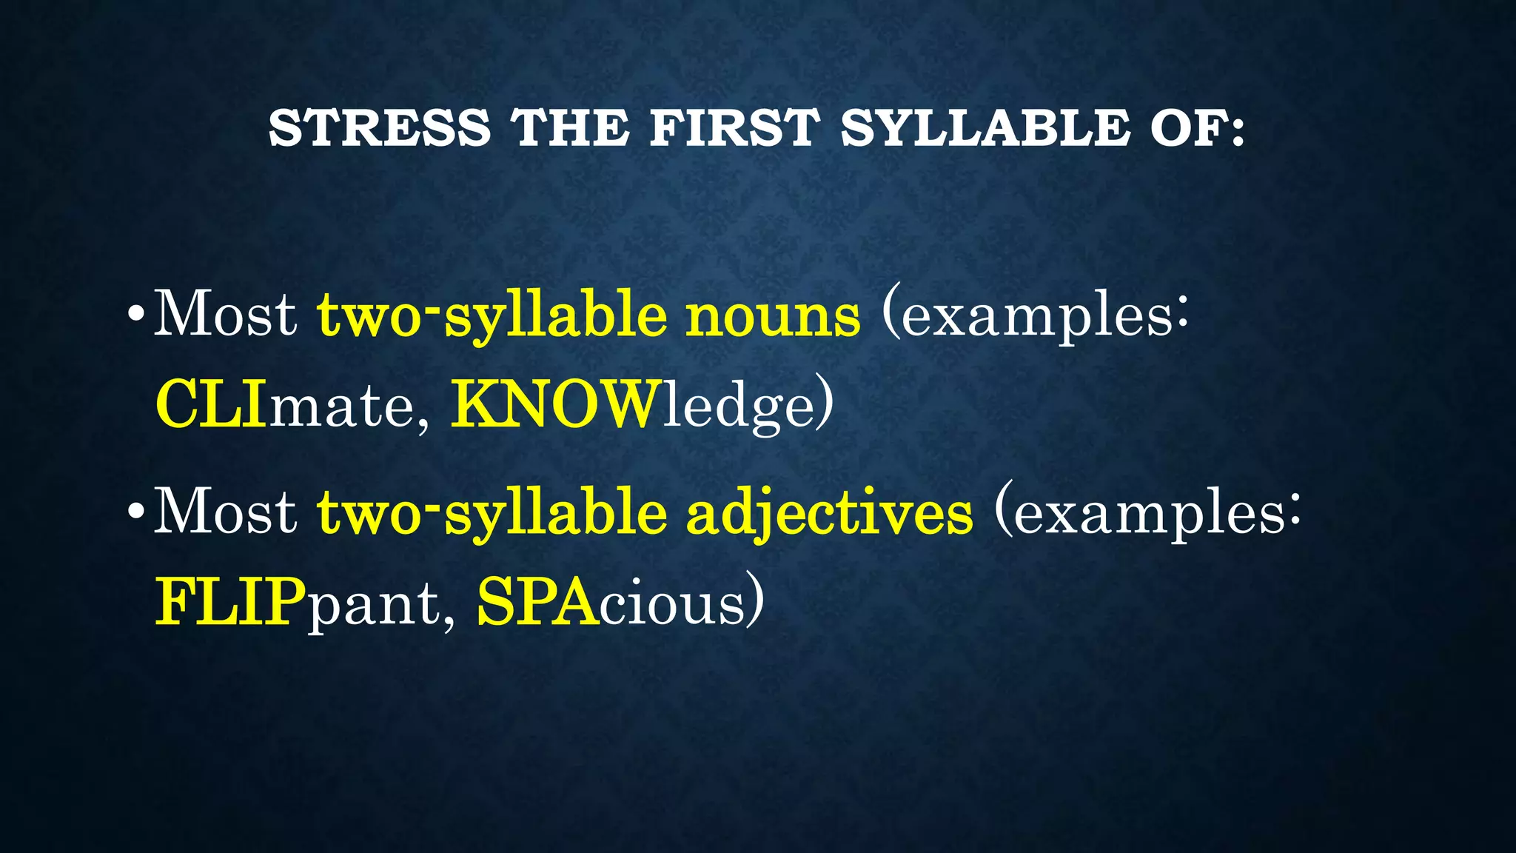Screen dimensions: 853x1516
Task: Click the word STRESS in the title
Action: [379, 127]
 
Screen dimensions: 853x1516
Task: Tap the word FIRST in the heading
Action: [735, 127]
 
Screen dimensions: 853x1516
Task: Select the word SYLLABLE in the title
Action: [985, 127]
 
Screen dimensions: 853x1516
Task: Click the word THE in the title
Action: [570, 127]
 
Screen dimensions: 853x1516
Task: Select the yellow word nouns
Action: [773, 315]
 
